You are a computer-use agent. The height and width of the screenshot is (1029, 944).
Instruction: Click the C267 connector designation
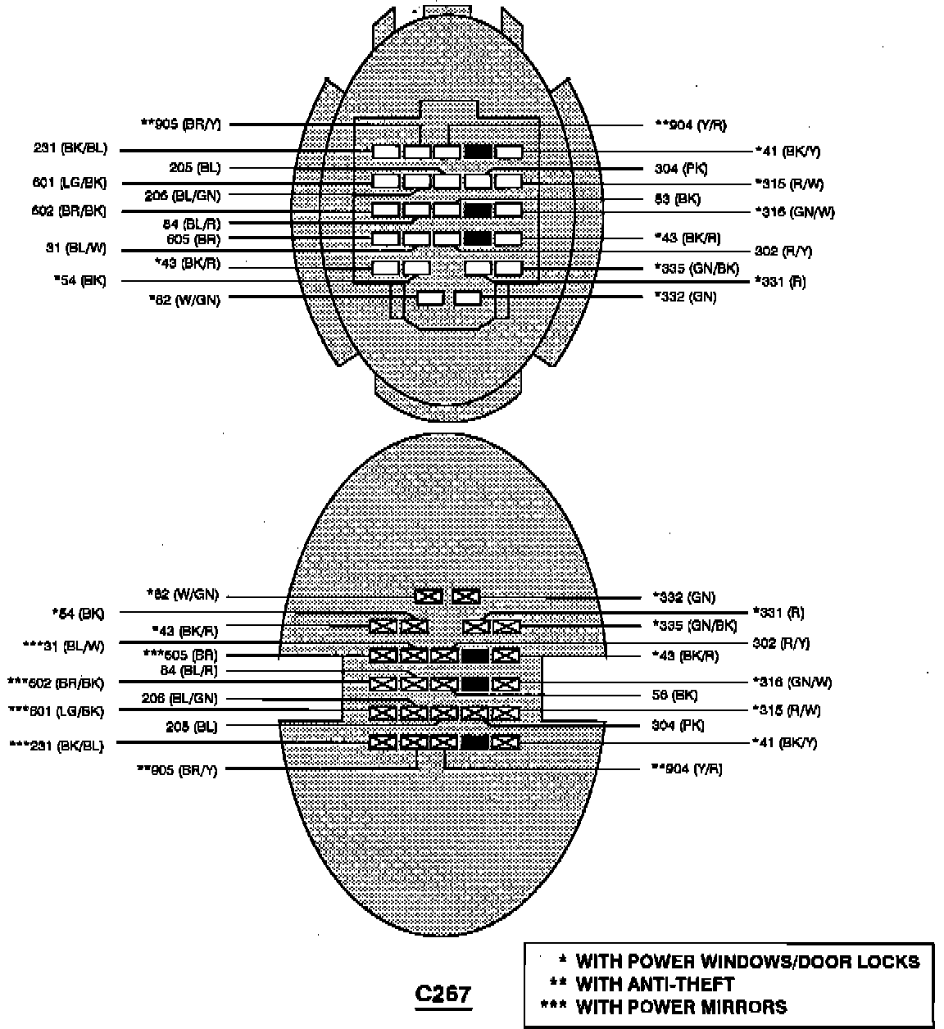pos(442,994)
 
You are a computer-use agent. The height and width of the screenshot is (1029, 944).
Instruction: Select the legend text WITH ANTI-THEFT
pos(655,984)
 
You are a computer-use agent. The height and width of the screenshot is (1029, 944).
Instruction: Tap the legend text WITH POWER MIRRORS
pos(681,1007)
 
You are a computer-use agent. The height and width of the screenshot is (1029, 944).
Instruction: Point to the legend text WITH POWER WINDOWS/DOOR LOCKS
pos(747,962)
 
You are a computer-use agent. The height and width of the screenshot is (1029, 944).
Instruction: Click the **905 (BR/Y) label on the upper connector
pos(180,125)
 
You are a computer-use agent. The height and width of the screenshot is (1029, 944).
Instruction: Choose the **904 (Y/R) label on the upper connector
pos(690,125)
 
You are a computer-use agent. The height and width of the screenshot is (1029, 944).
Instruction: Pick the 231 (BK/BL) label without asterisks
pos(70,150)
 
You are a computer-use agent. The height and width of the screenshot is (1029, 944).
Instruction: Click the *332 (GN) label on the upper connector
pos(684,297)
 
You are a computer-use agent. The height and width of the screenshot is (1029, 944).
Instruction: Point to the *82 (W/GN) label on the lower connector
pos(183,595)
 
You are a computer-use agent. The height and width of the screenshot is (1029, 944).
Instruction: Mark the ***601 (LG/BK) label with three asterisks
pos(57,711)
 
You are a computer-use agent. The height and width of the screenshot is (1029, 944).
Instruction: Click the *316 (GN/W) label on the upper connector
pos(794,212)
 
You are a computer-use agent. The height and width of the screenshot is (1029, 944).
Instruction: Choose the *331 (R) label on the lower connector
pos(778,612)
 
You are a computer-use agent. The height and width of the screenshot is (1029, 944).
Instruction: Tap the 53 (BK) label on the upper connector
pos(677,198)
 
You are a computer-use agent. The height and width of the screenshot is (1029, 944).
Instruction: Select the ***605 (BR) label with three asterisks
pos(179,654)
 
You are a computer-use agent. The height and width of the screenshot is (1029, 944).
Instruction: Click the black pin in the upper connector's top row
pos(478,152)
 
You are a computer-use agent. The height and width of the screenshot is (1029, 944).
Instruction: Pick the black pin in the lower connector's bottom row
pos(475,742)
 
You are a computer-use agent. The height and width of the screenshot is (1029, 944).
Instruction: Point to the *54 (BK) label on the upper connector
pos(79,281)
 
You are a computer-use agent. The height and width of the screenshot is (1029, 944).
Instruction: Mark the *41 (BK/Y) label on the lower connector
pos(784,743)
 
